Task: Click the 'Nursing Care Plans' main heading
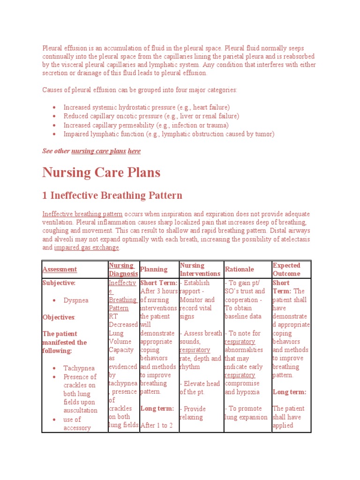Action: click(101, 172)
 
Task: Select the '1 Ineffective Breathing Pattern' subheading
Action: click(112, 195)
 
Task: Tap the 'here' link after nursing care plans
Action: click(134, 151)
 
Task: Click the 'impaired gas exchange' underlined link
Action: click(87, 247)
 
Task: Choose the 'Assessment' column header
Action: click(60, 270)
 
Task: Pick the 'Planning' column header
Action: click(154, 270)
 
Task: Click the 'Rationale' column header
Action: click(240, 270)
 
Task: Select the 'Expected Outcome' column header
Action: click(286, 270)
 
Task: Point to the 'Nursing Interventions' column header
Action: click(200, 270)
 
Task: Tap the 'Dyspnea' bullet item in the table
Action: click(75, 300)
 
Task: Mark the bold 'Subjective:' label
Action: click(59, 283)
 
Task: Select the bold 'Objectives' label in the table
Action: click(59, 317)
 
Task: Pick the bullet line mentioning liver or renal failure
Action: click(151, 116)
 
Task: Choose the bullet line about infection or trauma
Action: click(146, 125)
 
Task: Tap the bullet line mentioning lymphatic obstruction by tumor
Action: click(169, 134)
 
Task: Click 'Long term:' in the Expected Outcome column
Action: click(289, 392)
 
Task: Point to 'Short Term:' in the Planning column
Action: click(159, 283)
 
